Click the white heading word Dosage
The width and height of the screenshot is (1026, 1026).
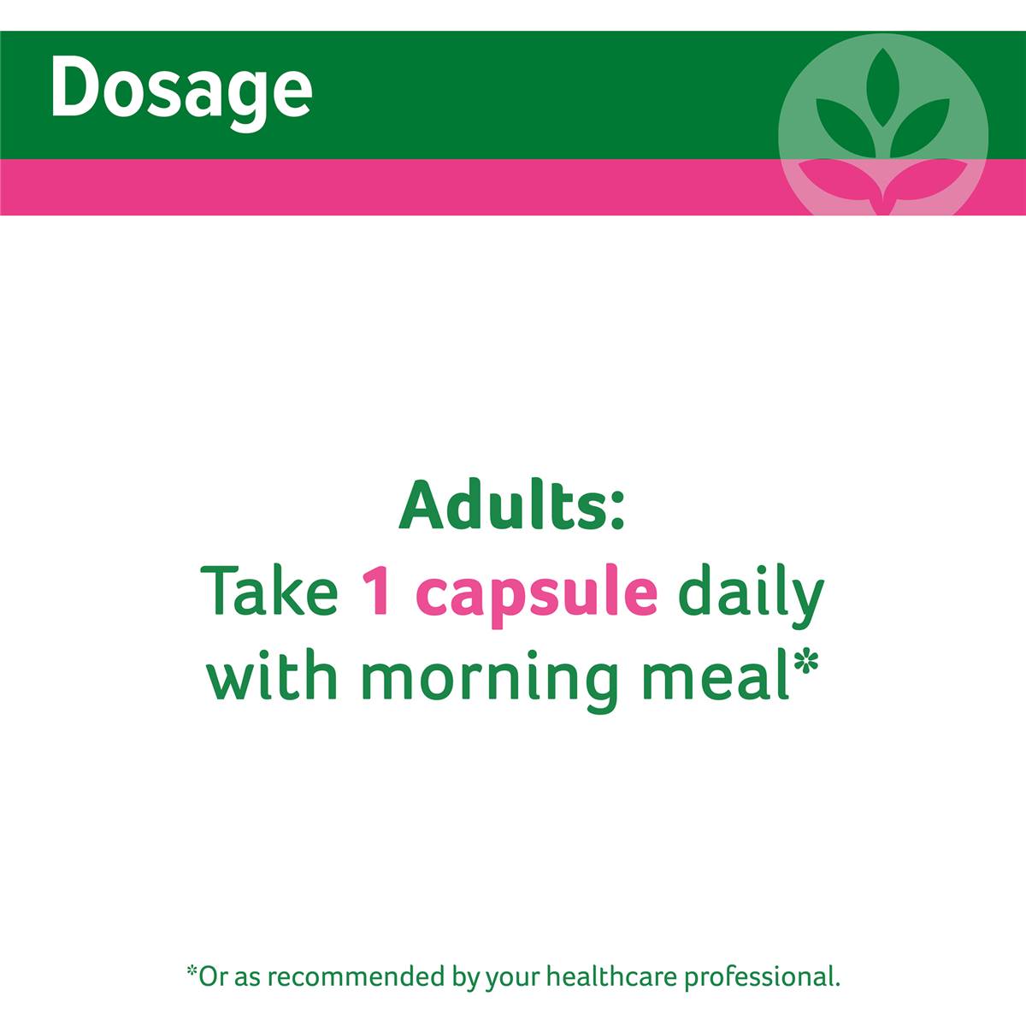(181, 91)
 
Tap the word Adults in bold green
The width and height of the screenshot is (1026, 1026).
(503, 506)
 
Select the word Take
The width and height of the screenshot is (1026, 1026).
(268, 591)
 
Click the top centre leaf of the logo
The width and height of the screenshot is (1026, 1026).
(882, 88)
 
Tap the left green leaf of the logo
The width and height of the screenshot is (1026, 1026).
(846, 127)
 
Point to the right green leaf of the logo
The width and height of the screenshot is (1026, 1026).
(919, 127)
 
